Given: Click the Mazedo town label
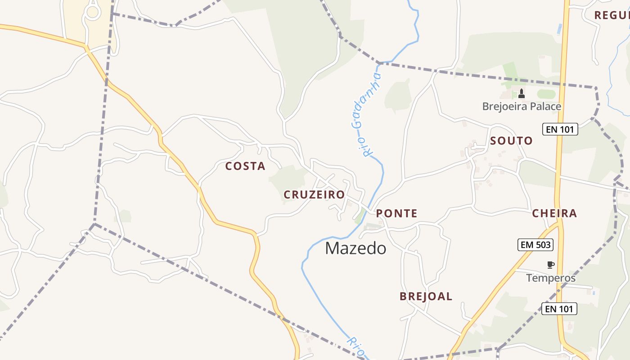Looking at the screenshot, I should click(x=355, y=248).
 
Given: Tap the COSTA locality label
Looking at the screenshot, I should click(x=245, y=166).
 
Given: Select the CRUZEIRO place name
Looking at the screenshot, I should click(x=314, y=195).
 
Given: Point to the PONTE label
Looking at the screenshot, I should click(x=396, y=213).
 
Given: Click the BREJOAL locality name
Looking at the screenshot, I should click(x=426, y=297).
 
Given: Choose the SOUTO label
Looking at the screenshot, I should click(x=511, y=141).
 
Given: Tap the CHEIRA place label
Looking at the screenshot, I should click(x=554, y=213).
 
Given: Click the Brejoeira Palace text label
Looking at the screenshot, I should click(x=522, y=107).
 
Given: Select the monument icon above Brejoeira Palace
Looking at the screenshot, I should click(x=522, y=94).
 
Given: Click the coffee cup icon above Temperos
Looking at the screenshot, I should click(x=550, y=265).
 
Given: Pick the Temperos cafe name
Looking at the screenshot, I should click(x=551, y=278).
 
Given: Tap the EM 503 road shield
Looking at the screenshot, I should click(x=535, y=245).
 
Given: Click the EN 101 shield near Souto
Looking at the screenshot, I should click(x=560, y=130).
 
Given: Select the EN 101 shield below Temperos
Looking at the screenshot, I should click(x=559, y=309).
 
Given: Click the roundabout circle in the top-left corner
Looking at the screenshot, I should click(x=93, y=12).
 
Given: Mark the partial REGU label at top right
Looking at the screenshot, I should click(x=612, y=15).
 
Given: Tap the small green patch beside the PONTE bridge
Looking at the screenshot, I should click(x=360, y=216).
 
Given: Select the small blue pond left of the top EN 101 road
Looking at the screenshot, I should click(x=559, y=29).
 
